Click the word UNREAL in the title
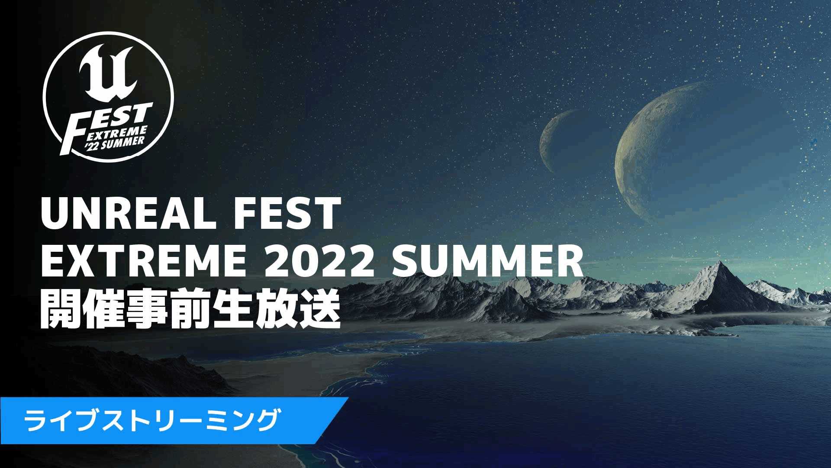128,214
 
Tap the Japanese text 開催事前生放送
190,310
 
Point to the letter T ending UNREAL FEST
324,214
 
